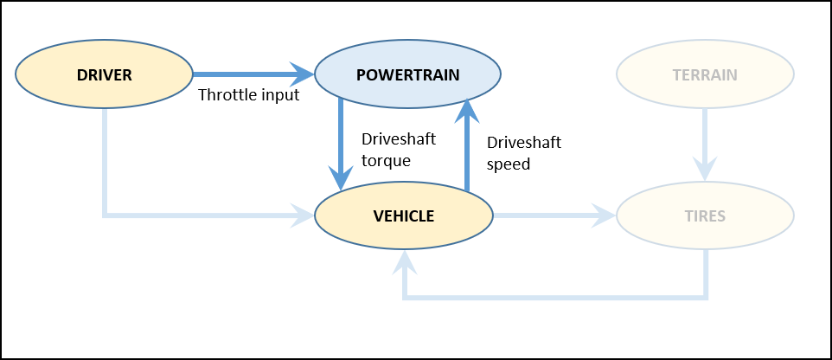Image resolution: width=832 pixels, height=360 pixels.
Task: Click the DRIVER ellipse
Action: click(x=104, y=74)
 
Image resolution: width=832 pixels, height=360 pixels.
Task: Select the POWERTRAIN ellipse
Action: click(x=407, y=74)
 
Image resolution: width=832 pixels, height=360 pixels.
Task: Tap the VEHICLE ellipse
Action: click(x=403, y=215)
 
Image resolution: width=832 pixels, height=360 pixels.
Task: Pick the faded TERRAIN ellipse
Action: click(x=705, y=74)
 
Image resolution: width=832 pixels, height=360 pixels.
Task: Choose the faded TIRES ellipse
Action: click(x=705, y=215)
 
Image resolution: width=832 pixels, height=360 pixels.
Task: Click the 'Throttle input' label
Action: click(x=248, y=95)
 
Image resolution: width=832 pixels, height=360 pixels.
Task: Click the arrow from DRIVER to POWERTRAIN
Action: click(x=251, y=74)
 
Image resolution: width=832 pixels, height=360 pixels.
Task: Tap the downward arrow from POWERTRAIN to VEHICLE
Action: click(x=341, y=143)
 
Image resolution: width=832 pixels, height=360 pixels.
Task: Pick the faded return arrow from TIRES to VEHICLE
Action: click(x=554, y=299)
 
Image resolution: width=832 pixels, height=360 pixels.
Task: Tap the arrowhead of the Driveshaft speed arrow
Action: click(x=467, y=108)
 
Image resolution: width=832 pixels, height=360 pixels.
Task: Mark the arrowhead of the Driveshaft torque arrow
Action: click(x=341, y=180)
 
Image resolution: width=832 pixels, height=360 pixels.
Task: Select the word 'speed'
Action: click(x=509, y=163)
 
